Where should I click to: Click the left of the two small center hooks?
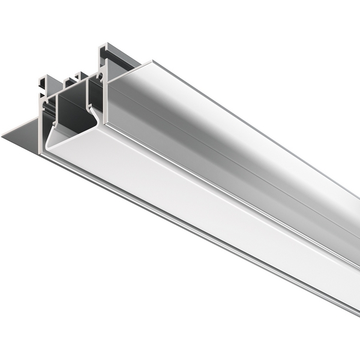(x=68, y=78)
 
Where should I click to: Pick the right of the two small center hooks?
(x=77, y=75)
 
